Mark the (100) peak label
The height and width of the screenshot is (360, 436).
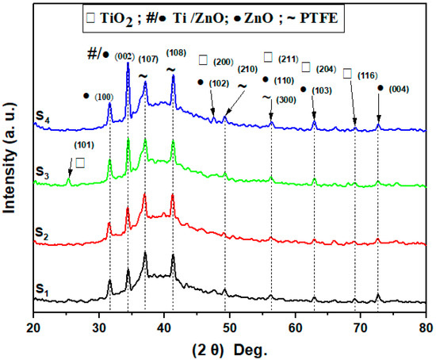[104, 96]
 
